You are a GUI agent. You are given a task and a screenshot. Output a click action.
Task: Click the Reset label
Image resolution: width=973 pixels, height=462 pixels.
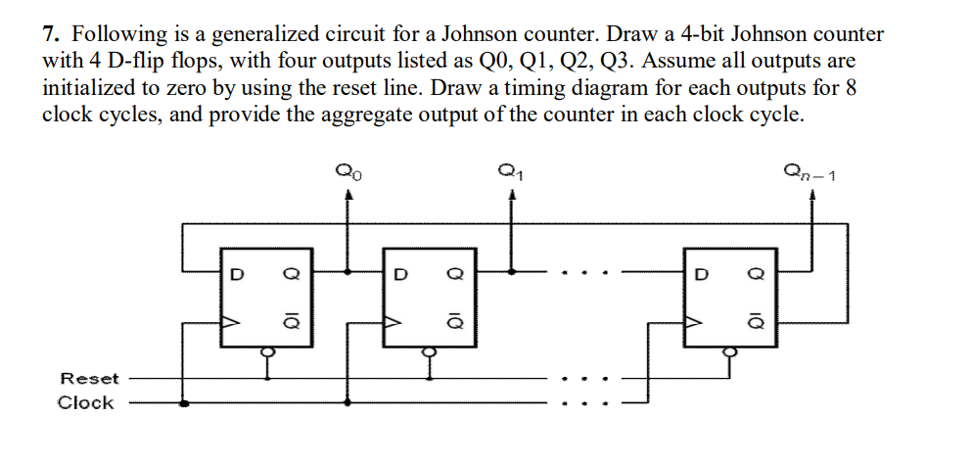[x=89, y=379]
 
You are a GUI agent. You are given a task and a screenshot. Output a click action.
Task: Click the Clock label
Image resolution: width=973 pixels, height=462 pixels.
[x=85, y=403]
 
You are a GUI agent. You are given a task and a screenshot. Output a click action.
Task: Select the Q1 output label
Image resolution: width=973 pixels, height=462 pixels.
[x=510, y=176]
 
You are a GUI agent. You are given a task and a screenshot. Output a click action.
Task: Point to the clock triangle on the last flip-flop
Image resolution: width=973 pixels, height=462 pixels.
[x=693, y=320]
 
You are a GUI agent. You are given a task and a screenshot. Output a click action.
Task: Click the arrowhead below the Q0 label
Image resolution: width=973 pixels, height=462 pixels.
[x=347, y=197]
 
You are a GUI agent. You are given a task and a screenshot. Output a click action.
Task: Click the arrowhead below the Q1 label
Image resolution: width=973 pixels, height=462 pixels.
[x=511, y=197]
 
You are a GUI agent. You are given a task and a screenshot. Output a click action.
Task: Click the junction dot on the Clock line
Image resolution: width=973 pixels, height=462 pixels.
[x=183, y=402]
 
